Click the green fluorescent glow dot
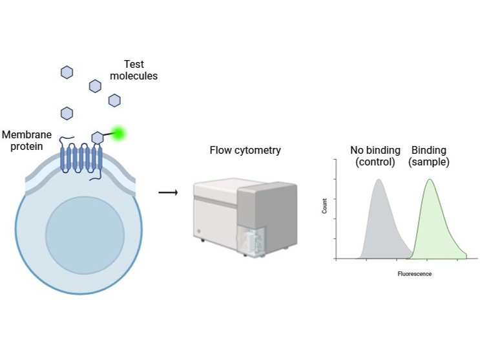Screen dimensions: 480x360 [x=118, y=134]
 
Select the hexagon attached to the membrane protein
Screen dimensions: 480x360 [x=98, y=138]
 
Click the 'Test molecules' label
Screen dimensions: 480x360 [x=134, y=70]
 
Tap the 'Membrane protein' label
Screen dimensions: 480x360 [x=27, y=140]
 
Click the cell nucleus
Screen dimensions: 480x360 [x=85, y=235]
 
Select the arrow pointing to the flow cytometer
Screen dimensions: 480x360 [x=168, y=193]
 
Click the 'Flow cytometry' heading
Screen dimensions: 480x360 [x=245, y=150]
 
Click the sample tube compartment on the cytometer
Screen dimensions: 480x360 [x=252, y=241]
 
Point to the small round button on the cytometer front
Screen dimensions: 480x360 [x=198, y=231]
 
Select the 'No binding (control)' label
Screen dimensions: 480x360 [x=375, y=156]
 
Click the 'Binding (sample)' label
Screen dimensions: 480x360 [x=429, y=156]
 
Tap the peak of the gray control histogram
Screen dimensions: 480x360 [x=379, y=180]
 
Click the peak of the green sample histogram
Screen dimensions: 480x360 [x=430, y=180]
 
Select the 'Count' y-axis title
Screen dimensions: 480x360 [x=324, y=206]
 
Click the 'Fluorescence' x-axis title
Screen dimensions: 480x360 [x=415, y=274]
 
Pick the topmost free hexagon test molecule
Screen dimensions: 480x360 [x=67, y=72]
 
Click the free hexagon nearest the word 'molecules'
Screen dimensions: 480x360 [x=114, y=100]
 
